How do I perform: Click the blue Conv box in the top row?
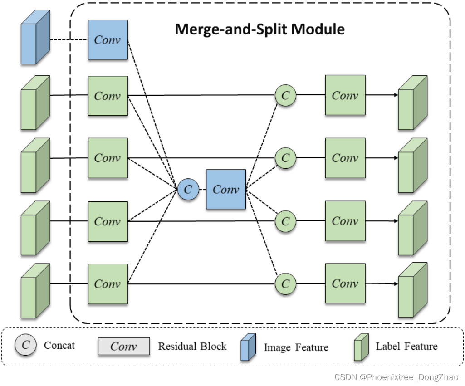(108, 39)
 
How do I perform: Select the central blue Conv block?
(226, 189)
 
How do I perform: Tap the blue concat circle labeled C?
(188, 189)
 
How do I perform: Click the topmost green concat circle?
(285, 95)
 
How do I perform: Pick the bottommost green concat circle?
(285, 283)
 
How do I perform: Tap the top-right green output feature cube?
(412, 103)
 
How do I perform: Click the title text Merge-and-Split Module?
(259, 29)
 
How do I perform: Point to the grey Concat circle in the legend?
(26, 345)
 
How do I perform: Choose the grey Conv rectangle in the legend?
(123, 347)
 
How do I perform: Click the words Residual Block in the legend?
(192, 347)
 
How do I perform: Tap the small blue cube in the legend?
(248, 347)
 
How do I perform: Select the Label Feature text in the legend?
(406, 347)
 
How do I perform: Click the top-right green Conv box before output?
(345, 95)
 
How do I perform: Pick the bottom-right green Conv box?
(345, 283)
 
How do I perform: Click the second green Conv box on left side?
(108, 158)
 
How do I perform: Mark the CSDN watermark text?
(396, 377)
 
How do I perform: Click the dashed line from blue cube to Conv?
(68, 40)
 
